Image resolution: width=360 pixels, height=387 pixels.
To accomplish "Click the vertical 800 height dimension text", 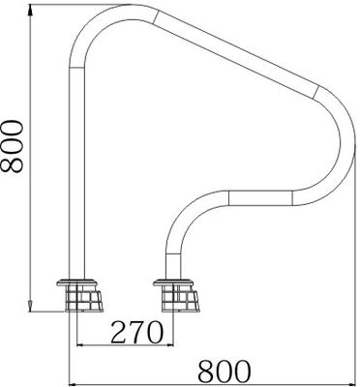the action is tap(12, 146).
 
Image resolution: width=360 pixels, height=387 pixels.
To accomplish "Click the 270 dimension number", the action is tap(136, 332).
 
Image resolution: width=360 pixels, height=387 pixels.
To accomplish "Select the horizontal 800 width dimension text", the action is tap(224, 371).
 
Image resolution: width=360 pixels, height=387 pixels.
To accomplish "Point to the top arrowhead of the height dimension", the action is tap(30, 11).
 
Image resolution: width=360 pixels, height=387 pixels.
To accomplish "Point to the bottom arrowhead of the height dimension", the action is tap(30, 307).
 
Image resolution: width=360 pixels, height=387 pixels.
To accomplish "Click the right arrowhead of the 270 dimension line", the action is tap(168, 345).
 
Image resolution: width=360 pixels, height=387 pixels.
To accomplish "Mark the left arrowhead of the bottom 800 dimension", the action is tap(75, 384).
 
